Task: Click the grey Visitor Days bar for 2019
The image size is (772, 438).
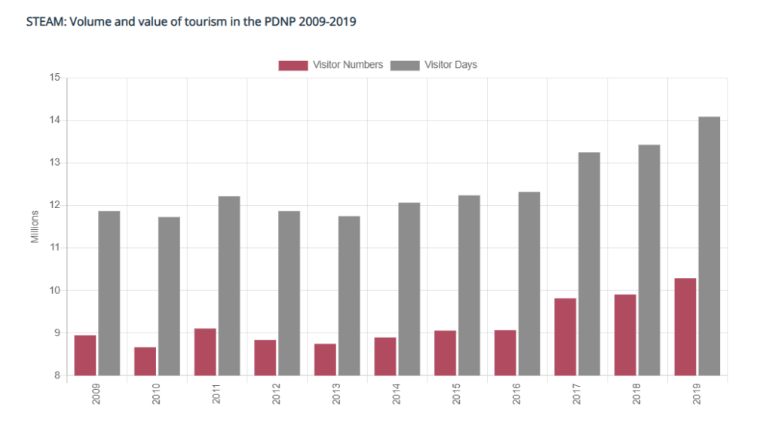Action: (x=709, y=246)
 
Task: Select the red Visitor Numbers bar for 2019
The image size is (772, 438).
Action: (x=685, y=326)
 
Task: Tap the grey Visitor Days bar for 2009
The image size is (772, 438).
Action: (x=109, y=293)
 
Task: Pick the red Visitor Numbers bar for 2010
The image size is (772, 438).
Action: (x=145, y=361)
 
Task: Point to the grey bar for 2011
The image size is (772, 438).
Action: (x=228, y=286)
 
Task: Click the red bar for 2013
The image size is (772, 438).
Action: (x=325, y=360)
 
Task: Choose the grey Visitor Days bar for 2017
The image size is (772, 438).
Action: (x=589, y=264)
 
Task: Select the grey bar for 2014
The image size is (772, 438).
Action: (x=409, y=289)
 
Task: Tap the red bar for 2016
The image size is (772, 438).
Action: (x=505, y=352)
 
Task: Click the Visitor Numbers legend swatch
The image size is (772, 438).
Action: (x=293, y=65)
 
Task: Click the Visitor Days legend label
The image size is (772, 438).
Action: (x=451, y=65)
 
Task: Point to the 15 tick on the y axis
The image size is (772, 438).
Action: (x=54, y=78)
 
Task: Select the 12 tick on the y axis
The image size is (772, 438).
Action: (x=54, y=205)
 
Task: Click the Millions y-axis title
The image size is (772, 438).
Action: (x=35, y=227)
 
